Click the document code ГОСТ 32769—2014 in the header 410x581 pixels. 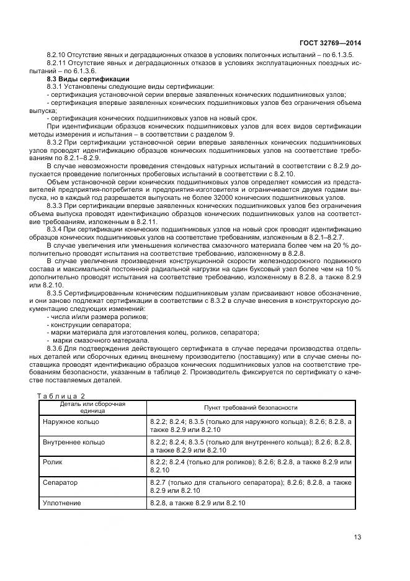[329, 43]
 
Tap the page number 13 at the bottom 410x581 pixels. [357, 537]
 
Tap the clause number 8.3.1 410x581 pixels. [56, 87]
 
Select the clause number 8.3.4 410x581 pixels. [56, 230]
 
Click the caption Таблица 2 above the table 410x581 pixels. [61, 396]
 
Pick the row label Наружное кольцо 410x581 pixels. [71, 422]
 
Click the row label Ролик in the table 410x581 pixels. [53, 462]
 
